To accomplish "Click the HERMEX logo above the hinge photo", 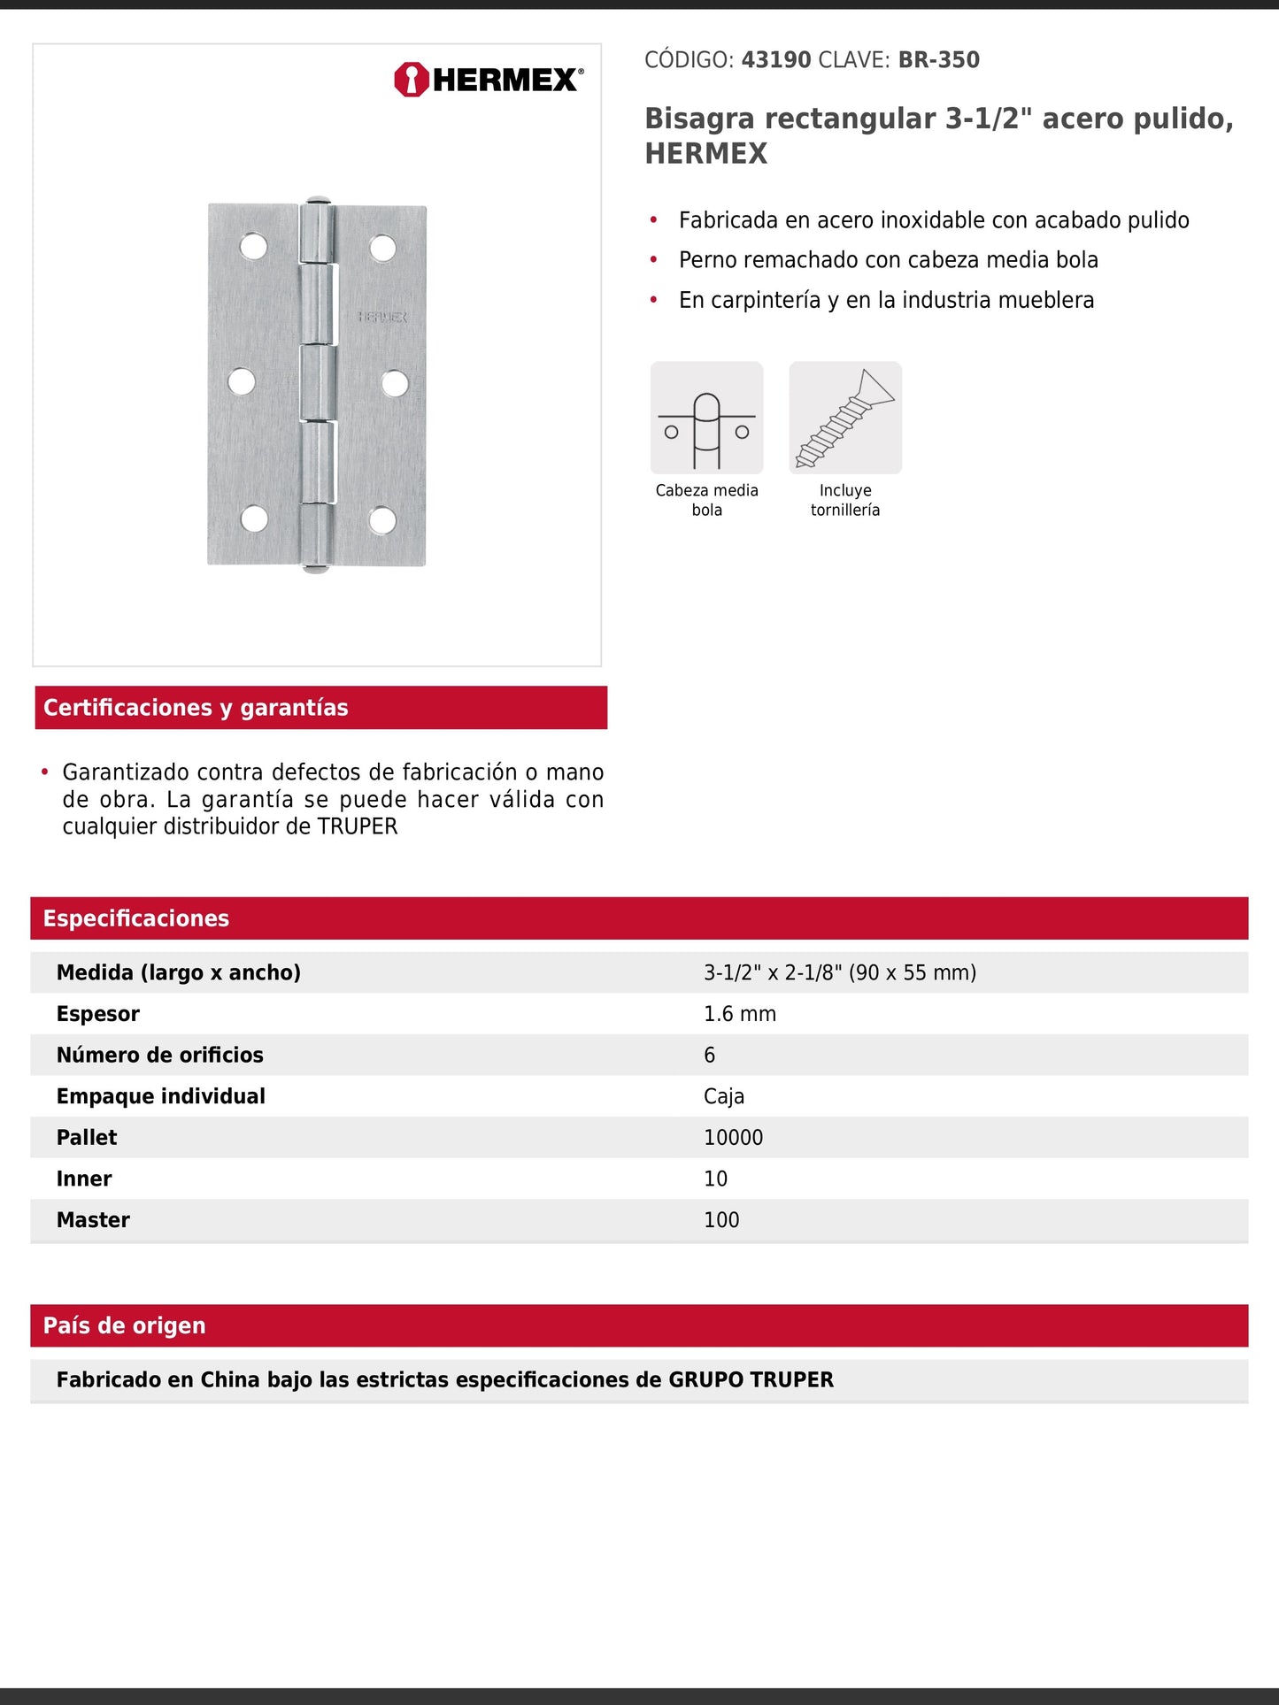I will [489, 80].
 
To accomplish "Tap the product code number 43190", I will [775, 60].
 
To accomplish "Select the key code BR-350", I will [938, 60].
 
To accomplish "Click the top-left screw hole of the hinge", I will [253, 246].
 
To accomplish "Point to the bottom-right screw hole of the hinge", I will [382, 520].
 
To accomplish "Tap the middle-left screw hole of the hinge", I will [241, 381].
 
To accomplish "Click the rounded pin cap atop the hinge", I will [317, 201].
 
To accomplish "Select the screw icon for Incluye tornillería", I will [845, 418].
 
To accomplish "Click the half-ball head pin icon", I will [706, 418].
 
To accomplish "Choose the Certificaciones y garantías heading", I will [196, 708].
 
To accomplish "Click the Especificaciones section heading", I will [136, 918].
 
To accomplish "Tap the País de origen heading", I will [125, 1325].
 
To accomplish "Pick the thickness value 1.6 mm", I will [739, 1014].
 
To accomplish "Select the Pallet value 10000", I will [733, 1138].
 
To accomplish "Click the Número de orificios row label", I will [160, 1055].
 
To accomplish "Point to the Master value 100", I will [721, 1220].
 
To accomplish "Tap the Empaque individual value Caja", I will [723, 1096].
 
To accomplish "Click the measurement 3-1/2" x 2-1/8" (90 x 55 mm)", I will [839, 972].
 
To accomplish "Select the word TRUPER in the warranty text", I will [358, 826].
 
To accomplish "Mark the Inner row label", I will [84, 1179].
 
